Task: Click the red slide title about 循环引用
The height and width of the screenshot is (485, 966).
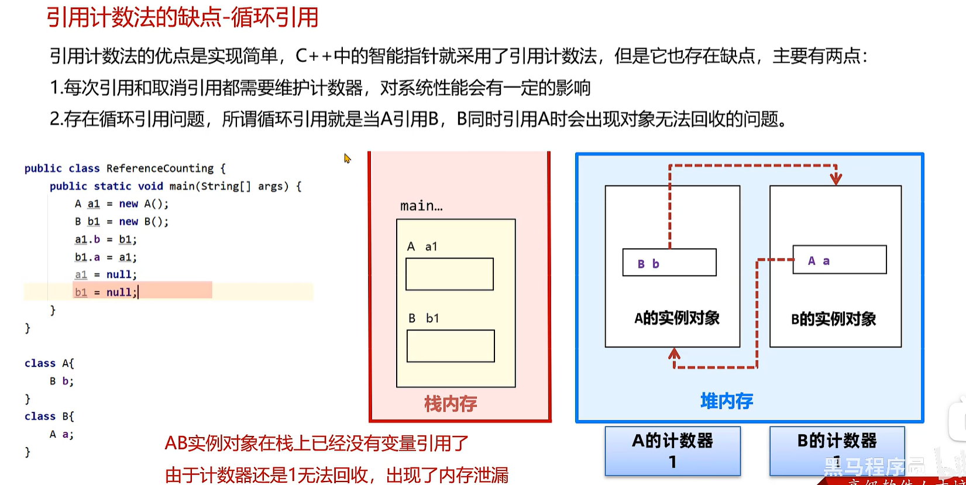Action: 183,18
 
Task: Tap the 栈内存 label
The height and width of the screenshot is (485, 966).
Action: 451,404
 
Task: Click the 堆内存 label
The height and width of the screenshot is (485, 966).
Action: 727,401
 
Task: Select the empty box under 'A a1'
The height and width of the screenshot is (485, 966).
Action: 449,274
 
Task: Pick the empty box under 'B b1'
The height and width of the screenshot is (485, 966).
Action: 451,346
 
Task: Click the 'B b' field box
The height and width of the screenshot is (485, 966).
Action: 669,263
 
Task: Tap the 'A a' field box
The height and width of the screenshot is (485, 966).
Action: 840,260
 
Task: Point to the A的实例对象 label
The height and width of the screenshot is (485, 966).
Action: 677,318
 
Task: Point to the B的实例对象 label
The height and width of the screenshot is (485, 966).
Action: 833,319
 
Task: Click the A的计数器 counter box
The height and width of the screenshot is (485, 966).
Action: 672,450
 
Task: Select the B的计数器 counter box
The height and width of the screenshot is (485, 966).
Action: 837,450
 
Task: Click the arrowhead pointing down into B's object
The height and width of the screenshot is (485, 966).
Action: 836,178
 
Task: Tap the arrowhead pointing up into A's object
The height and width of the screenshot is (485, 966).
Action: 675,353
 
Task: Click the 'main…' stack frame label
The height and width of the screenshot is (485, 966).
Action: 421,206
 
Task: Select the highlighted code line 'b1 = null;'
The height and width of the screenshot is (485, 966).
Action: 106,292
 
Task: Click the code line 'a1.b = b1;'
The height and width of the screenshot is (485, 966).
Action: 106,239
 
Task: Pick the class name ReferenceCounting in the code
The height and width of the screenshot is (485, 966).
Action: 160,168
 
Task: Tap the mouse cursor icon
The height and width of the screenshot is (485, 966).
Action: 347,158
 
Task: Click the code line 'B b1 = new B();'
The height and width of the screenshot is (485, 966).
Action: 122,222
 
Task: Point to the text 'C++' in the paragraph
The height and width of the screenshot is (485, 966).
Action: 314,56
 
